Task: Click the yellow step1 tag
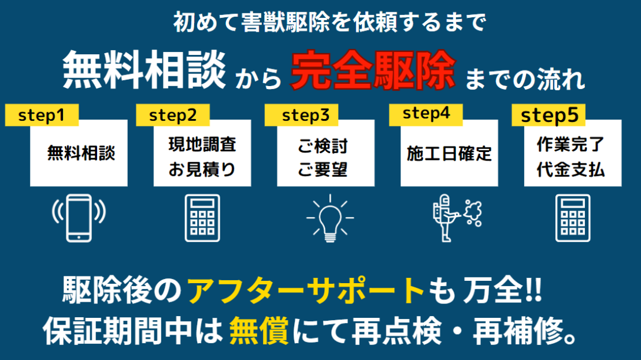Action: point(41,115)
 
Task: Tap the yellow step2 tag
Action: point(173,115)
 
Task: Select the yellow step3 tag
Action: point(301,115)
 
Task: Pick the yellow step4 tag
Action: point(426,114)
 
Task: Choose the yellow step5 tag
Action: point(549,116)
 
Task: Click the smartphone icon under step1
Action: point(79,217)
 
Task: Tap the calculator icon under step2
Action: point(202,218)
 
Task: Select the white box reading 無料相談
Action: point(79,153)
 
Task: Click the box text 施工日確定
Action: point(449,153)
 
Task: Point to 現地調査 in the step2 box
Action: point(202,144)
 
